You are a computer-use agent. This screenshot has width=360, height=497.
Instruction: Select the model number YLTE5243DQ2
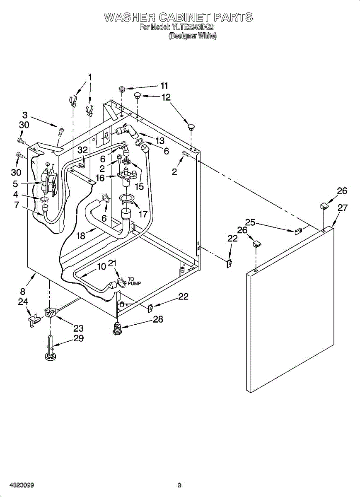click(191, 27)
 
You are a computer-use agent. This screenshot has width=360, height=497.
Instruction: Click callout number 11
click(164, 86)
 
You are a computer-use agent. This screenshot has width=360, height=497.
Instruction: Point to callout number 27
click(342, 208)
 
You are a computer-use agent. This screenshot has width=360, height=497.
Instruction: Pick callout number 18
click(80, 236)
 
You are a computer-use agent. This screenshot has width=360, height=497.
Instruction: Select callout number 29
click(78, 338)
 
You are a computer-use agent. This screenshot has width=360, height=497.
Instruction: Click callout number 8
click(23, 292)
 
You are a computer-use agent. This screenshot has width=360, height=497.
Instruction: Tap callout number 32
click(82, 150)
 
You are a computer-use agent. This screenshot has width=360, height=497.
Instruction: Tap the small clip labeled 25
click(298, 231)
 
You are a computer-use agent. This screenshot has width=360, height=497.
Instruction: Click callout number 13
click(160, 140)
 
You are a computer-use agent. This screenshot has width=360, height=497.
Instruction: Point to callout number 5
click(15, 184)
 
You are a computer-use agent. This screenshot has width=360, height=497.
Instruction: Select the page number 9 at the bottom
click(179, 485)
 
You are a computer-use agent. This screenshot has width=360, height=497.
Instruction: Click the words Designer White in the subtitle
click(192, 36)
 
